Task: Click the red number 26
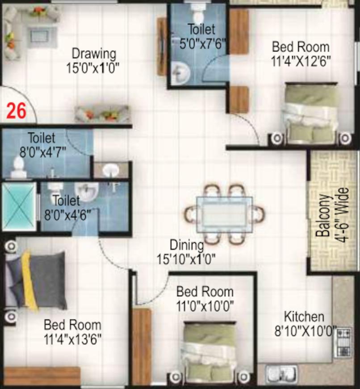pyautogui.click(x=17, y=110)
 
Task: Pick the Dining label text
pyautogui.click(x=187, y=245)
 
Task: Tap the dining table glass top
pyautogui.click(x=225, y=214)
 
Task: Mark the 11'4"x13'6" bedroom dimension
pyautogui.click(x=73, y=339)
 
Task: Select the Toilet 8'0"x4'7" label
pyautogui.click(x=42, y=144)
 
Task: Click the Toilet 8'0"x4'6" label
pyautogui.click(x=67, y=207)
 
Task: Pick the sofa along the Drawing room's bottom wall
pyautogui.click(x=102, y=114)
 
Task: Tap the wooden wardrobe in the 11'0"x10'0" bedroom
pyautogui.click(x=142, y=347)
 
